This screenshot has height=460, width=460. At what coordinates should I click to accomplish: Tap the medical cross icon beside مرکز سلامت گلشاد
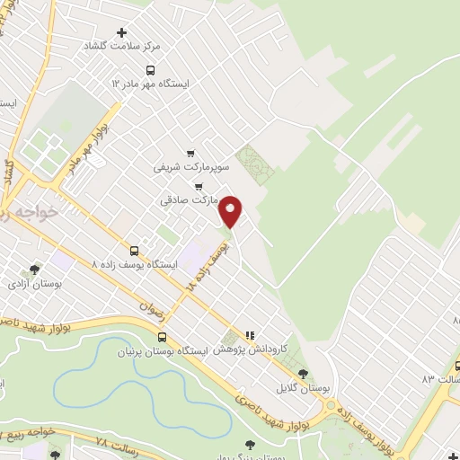click(123, 32)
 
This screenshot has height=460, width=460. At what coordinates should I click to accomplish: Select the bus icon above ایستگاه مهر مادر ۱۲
click(149, 68)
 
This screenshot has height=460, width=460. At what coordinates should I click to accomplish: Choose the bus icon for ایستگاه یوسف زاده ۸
click(135, 251)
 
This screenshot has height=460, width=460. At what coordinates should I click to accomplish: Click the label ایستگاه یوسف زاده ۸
click(136, 265)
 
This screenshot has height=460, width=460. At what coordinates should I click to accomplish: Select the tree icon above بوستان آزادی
click(34, 269)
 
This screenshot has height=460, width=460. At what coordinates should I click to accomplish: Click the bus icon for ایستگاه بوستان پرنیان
click(161, 337)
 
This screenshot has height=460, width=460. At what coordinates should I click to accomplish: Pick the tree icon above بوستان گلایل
click(303, 373)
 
